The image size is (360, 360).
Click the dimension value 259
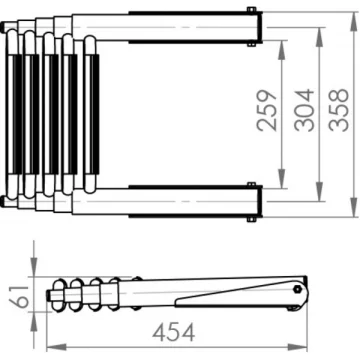[x=268, y=110]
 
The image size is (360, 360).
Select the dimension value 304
[x=305, y=110]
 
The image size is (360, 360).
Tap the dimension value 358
[x=339, y=110]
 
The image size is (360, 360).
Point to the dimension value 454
[x=173, y=332]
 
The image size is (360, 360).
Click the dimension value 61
[x=19, y=297]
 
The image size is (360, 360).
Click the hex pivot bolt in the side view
[x=297, y=289]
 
